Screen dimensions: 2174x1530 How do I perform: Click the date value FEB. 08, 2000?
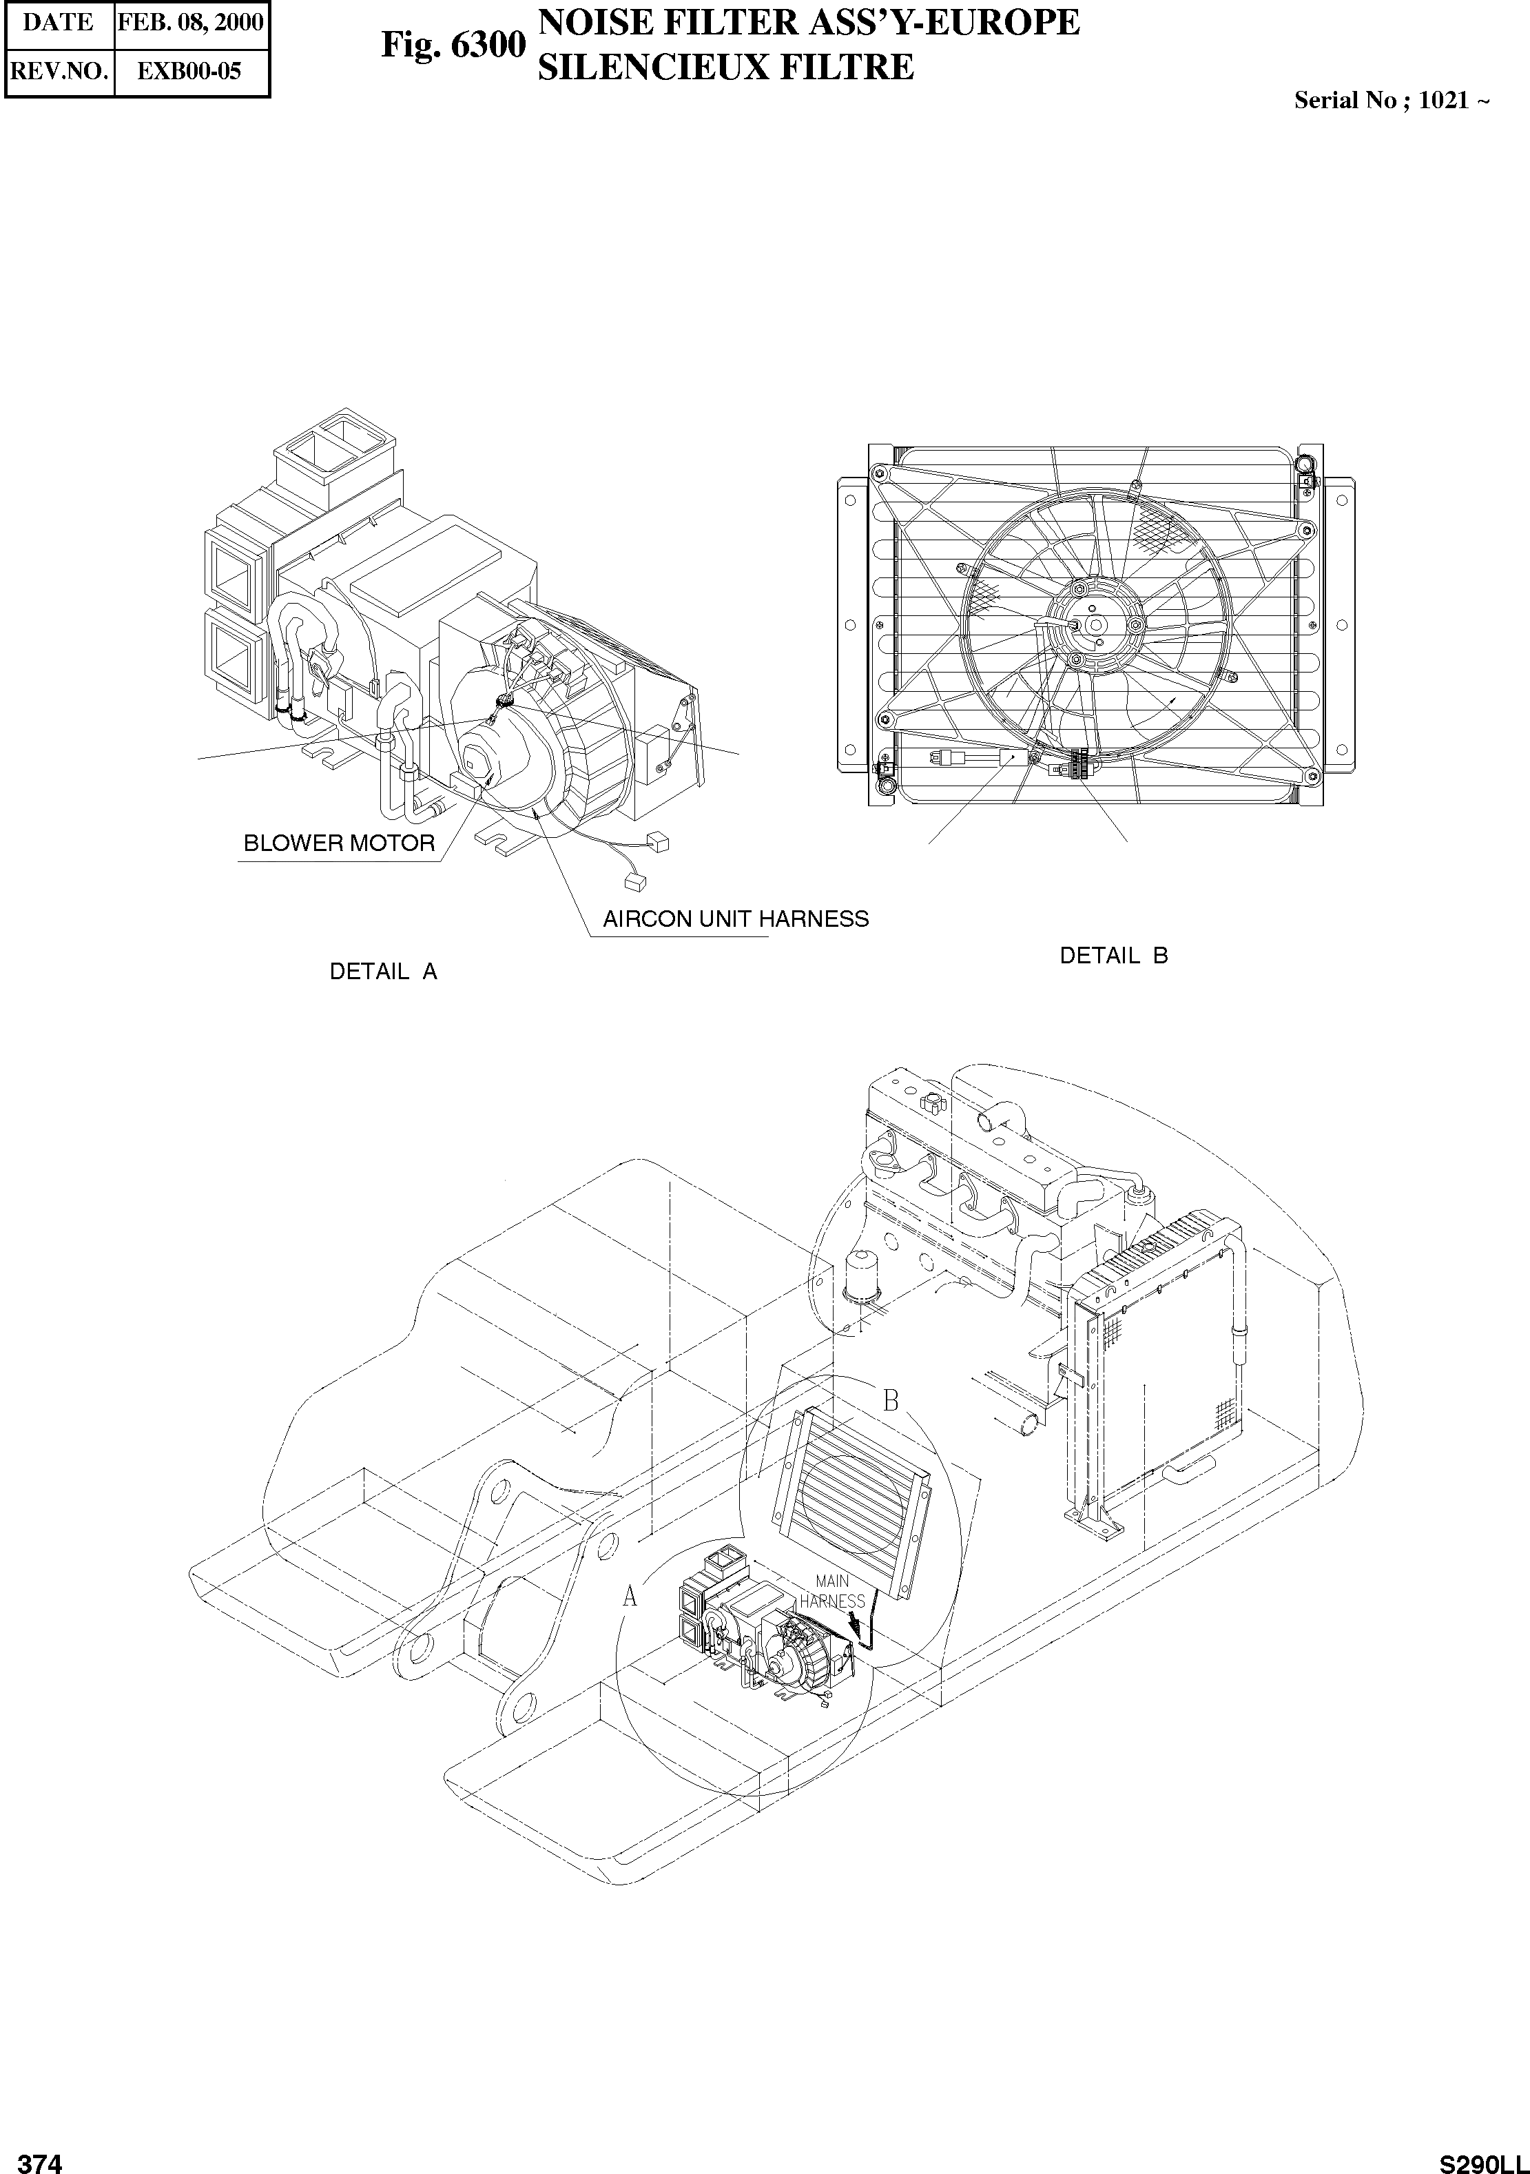tap(190, 23)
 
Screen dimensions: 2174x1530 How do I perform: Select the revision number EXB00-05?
tap(189, 71)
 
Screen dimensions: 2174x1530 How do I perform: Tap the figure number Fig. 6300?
tap(453, 45)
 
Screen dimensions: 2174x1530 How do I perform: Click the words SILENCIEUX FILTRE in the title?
tap(725, 68)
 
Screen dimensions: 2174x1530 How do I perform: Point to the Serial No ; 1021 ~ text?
tap(1392, 101)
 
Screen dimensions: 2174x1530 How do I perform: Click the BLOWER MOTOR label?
tap(339, 843)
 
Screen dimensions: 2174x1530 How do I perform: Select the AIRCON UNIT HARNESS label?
tap(736, 919)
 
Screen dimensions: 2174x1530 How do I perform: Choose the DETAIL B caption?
tap(1113, 955)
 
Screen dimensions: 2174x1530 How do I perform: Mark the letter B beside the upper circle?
tap(890, 1400)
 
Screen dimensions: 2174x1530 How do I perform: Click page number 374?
tap(40, 2163)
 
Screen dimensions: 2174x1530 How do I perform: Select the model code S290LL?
tap(1484, 2163)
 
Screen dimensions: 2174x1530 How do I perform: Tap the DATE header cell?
tap(58, 23)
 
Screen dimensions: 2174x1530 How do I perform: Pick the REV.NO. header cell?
tap(58, 71)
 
